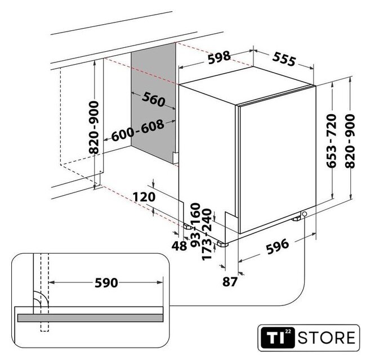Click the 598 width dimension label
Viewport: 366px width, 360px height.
[x=219, y=57]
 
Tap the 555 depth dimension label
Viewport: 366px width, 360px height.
[x=284, y=58]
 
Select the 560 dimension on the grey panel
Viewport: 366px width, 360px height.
[x=154, y=100]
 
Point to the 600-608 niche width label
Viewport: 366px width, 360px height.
[x=137, y=130]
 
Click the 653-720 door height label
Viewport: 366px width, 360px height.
[x=332, y=141]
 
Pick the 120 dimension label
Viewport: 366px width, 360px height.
[x=144, y=197]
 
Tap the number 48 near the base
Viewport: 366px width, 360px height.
[x=179, y=246]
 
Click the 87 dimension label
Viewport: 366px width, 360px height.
[x=230, y=281]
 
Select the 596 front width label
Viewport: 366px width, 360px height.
[x=278, y=246]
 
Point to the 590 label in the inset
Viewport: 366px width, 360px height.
[x=106, y=283]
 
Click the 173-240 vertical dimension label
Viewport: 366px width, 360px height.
[x=207, y=235]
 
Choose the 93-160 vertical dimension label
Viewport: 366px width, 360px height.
[x=195, y=225]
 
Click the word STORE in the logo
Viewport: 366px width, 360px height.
[x=327, y=338]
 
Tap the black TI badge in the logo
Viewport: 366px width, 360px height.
[x=278, y=337]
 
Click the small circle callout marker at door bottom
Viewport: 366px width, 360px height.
[x=305, y=214]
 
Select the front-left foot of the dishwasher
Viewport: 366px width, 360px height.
[x=222, y=244]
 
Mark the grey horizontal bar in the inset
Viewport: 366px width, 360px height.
[x=90, y=318]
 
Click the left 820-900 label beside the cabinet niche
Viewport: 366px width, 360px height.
[x=94, y=127]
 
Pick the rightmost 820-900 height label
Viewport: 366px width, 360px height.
[x=350, y=141]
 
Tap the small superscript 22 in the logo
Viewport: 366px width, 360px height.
[x=288, y=331]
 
